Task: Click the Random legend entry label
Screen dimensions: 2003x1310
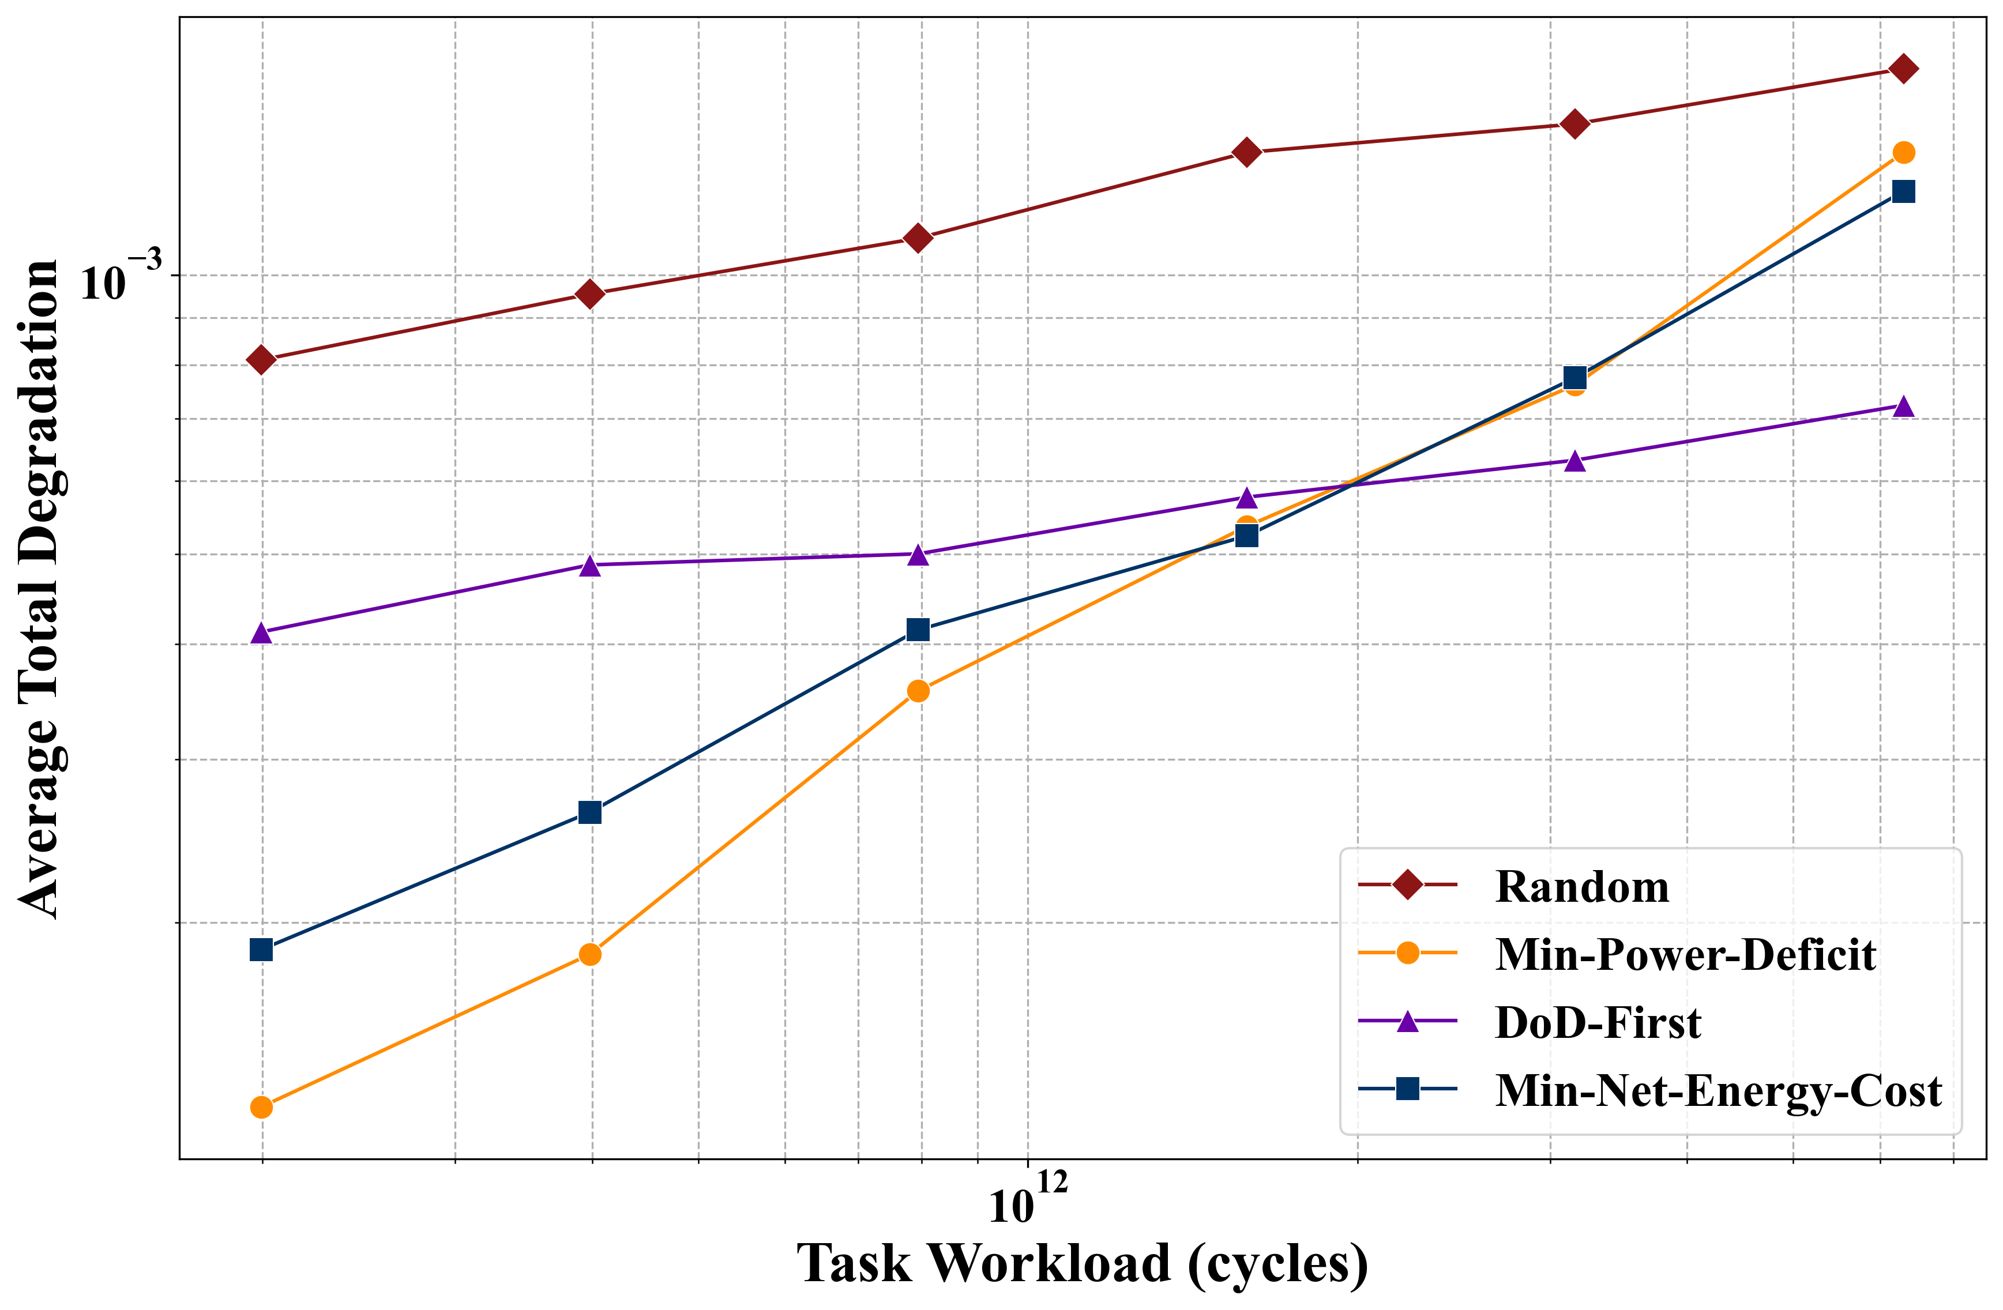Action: coord(1581,887)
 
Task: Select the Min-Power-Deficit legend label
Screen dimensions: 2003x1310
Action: coord(1685,955)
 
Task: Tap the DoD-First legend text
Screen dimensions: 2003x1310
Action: coord(1598,1023)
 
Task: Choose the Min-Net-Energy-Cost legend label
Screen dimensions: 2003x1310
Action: coord(1719,1090)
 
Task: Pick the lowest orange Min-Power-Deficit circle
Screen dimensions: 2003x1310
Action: coord(262,1107)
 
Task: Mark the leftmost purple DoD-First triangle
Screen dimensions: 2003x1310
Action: coord(262,633)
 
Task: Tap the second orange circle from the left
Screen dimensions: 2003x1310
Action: coord(591,955)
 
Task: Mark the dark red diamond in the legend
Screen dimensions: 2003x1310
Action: coord(1407,885)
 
